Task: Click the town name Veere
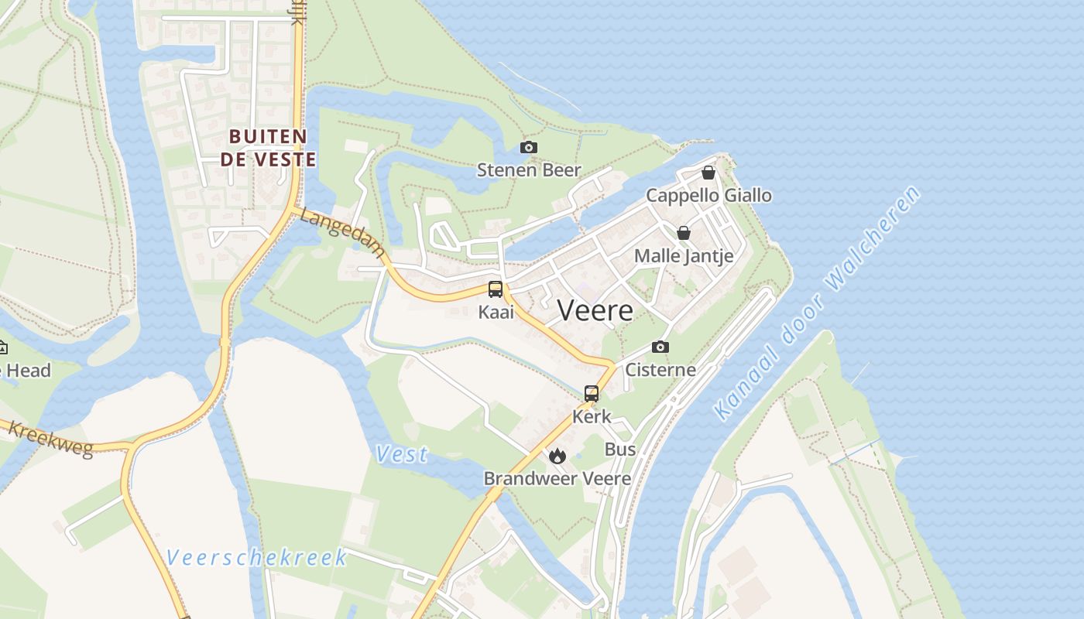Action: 595,310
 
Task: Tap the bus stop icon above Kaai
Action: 496,289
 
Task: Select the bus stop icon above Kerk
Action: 592,393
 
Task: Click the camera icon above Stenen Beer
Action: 529,147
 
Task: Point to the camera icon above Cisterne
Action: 660,347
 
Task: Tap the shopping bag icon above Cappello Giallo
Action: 708,173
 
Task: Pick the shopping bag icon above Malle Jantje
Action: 684,232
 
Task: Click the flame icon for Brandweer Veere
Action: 557,456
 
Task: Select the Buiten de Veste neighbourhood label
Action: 269,148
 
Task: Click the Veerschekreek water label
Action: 256,557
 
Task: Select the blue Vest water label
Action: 402,454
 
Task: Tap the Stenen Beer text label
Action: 529,169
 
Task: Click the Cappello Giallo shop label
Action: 708,195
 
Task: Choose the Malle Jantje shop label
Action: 684,255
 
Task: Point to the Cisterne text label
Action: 660,370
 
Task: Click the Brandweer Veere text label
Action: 557,478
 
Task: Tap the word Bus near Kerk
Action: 620,449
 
